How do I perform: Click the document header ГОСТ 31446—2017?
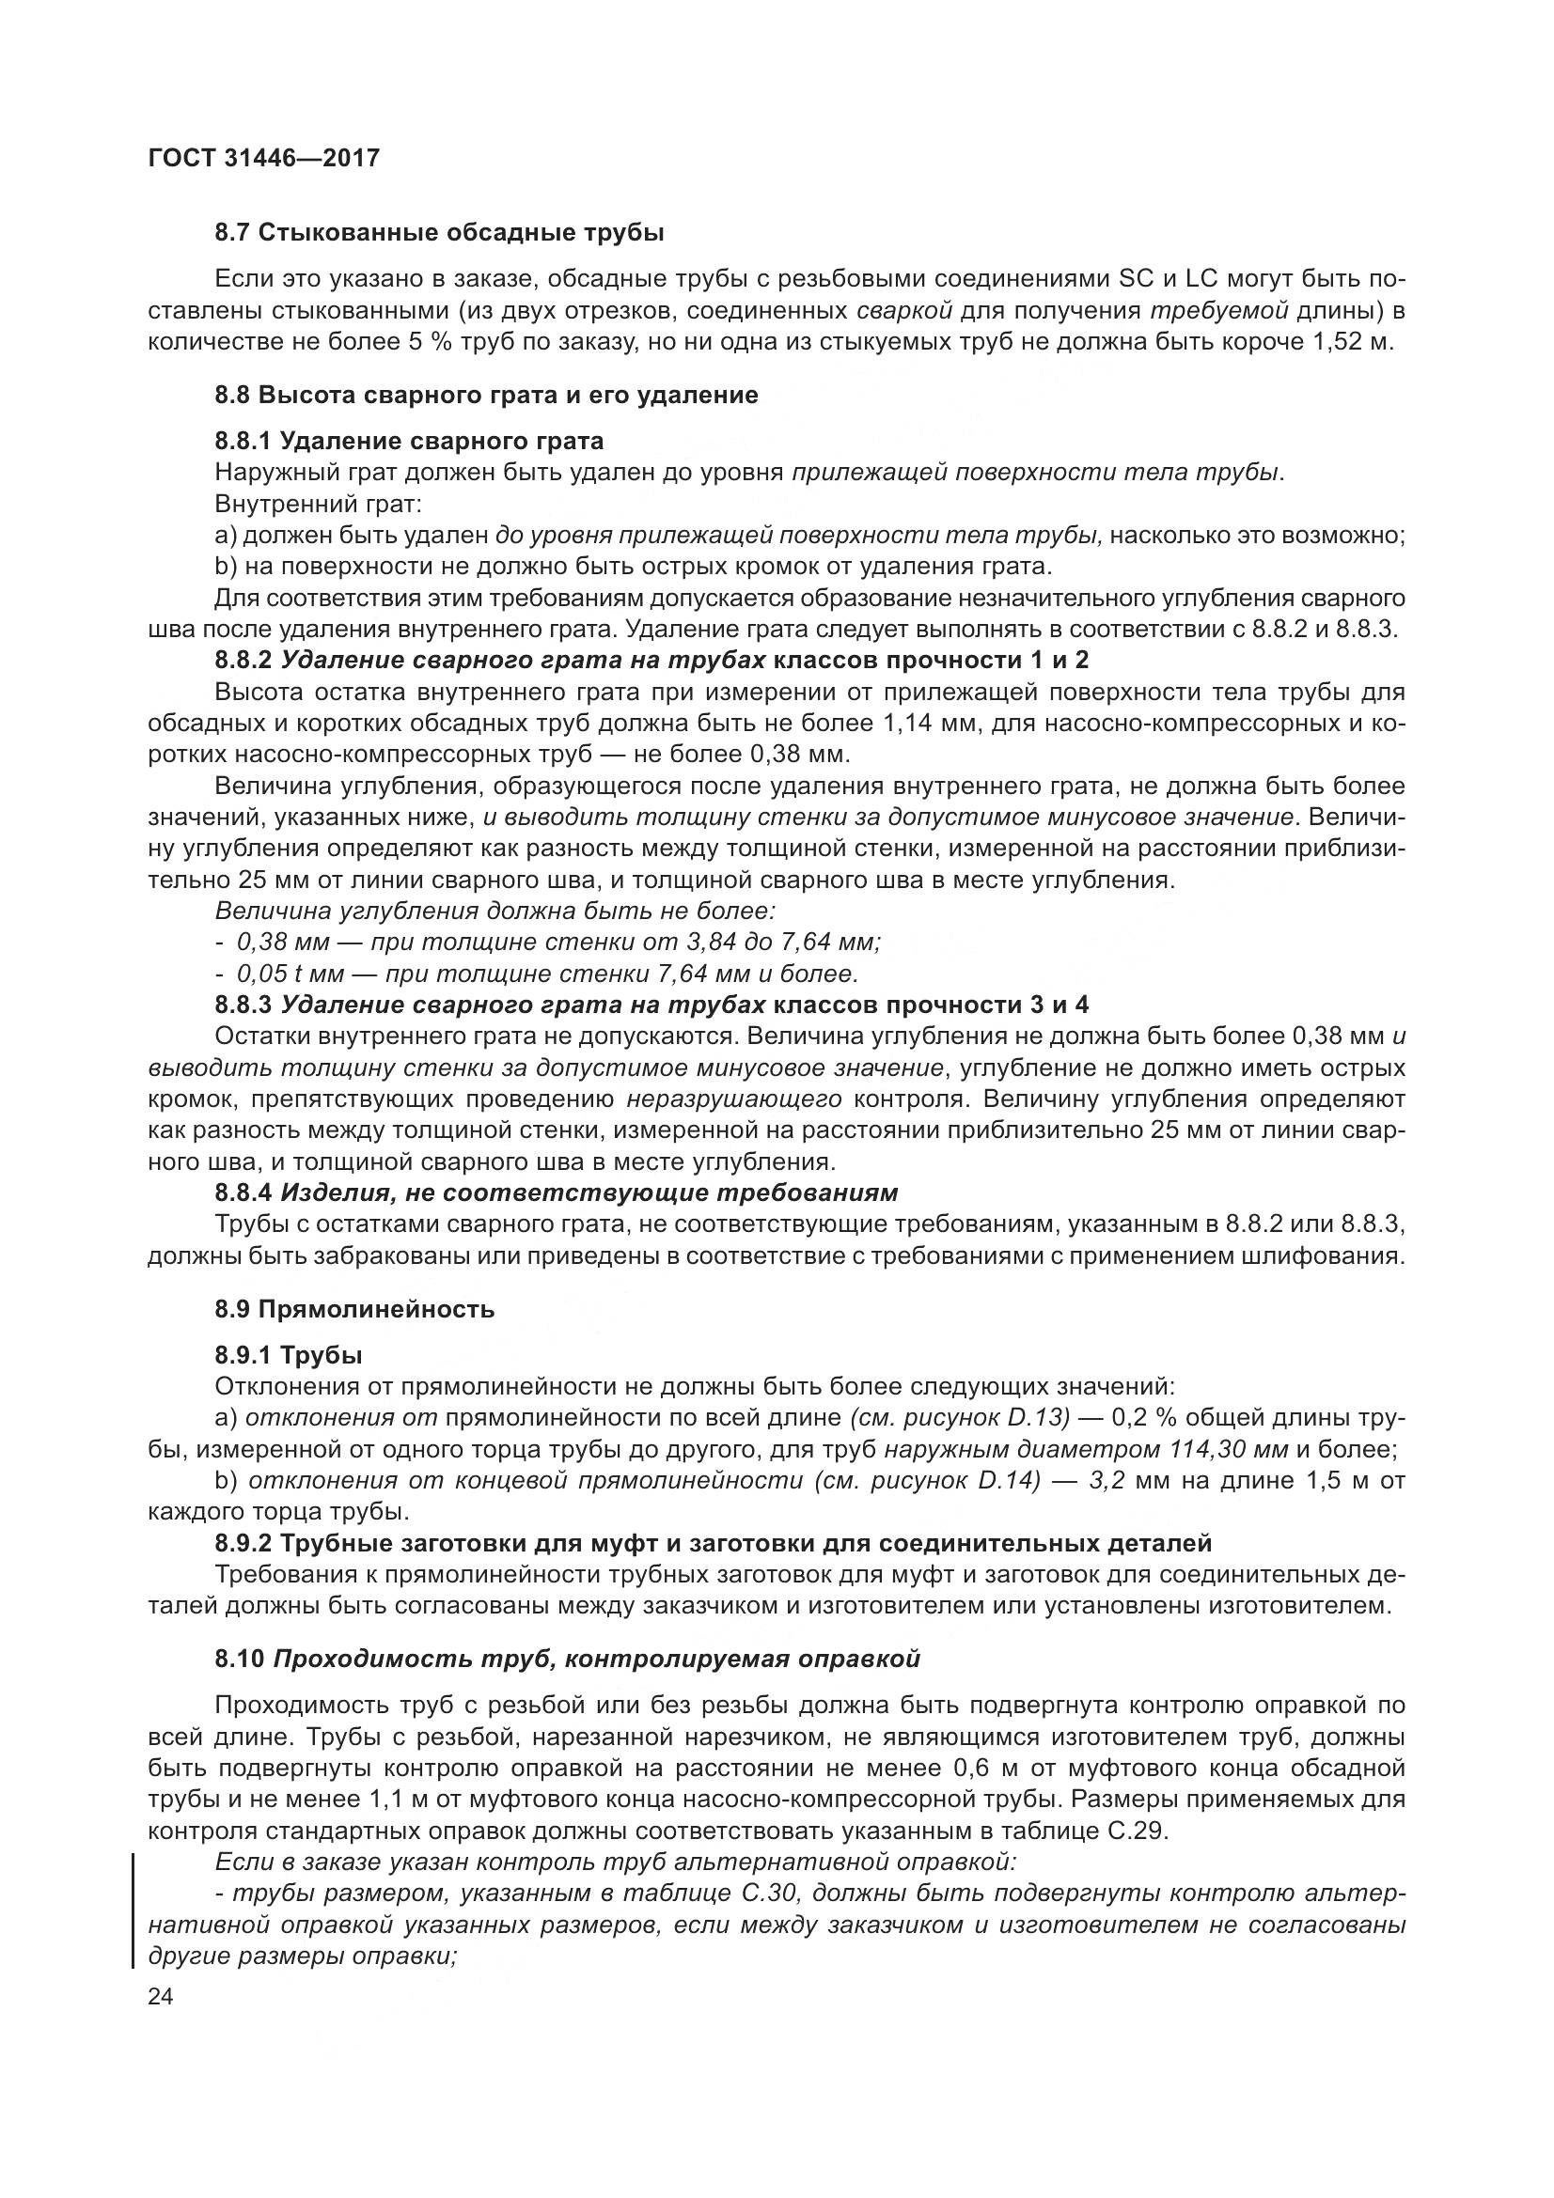point(264,158)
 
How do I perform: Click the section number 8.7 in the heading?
point(232,233)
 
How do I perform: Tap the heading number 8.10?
point(239,1659)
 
